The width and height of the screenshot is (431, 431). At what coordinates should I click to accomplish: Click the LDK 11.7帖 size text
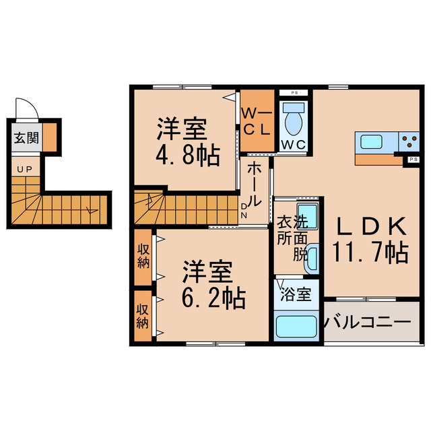tap(370, 252)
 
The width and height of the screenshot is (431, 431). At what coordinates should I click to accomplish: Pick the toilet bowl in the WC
tap(294, 120)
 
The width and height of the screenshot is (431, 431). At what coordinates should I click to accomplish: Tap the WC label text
tap(294, 145)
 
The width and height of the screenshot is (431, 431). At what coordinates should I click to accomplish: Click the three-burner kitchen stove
tap(408, 141)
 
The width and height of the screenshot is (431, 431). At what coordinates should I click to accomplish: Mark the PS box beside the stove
tap(413, 160)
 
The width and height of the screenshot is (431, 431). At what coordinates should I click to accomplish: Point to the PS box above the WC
tap(294, 92)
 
